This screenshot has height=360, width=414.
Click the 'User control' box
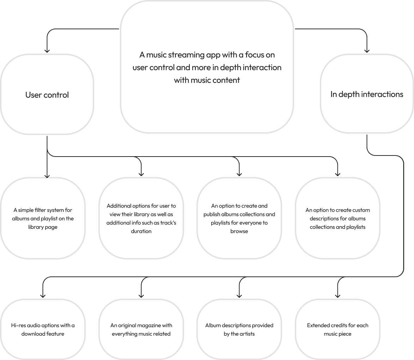47,94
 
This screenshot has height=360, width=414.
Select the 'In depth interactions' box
367,94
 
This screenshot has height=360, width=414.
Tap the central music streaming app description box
207,67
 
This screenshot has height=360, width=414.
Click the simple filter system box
43,218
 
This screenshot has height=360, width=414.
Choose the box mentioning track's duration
141,218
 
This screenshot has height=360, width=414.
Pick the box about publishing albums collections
239,218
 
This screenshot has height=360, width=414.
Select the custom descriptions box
337,218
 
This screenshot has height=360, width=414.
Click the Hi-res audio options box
43,329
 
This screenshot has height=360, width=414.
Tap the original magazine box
141,329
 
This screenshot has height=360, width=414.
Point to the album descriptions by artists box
239,329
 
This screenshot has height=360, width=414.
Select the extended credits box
337,329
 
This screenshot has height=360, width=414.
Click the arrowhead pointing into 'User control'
47,51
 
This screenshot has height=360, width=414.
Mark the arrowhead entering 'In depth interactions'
367,51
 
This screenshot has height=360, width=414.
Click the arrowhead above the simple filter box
47,175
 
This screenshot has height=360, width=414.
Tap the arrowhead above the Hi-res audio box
43,295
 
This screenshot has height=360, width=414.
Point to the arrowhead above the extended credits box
337,295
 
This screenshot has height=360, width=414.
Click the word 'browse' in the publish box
239,231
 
